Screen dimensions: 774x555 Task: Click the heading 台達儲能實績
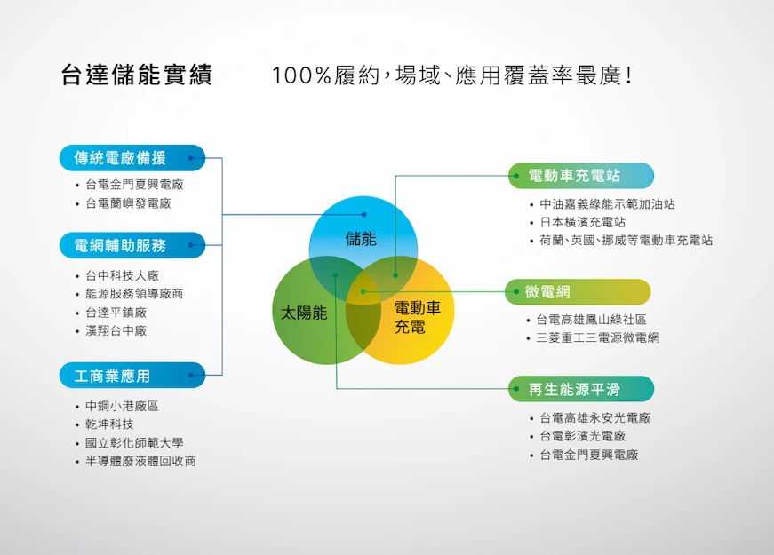[137, 75]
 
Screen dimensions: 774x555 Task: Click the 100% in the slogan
[301, 76]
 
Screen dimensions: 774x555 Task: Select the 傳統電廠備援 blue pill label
[132, 158]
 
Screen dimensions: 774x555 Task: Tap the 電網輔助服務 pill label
[132, 245]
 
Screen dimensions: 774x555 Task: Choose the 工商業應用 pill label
[132, 376]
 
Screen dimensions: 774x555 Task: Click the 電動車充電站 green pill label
[581, 176]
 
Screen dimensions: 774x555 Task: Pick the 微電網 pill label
[578, 291]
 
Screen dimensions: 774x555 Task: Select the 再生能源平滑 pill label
[581, 389]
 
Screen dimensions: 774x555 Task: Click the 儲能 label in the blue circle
[361, 239]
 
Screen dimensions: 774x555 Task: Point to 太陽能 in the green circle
[304, 313]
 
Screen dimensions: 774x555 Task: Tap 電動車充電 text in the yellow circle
[417, 318]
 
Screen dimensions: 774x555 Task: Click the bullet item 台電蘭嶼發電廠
[128, 203]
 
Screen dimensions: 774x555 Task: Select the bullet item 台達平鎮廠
[116, 313]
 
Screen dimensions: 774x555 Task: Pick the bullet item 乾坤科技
[109, 424]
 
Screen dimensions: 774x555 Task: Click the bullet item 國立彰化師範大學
[134, 443]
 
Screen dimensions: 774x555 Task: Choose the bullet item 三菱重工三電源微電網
[598, 338]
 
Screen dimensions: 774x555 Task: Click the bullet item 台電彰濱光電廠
[582, 436]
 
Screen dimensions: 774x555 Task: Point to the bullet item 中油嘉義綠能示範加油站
[607, 203]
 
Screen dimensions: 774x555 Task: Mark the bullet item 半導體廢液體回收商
[140, 461]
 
